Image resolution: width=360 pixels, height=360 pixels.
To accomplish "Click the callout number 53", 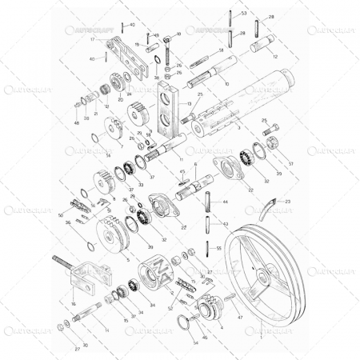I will pyautogui.click(x=244, y=14).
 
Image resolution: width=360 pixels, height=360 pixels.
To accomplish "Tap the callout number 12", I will pyautogui.click(x=275, y=57).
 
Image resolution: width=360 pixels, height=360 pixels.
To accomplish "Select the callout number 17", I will pyautogui.click(x=93, y=39).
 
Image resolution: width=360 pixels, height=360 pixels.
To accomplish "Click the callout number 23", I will pyautogui.click(x=288, y=201).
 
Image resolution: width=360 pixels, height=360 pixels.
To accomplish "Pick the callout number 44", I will pyautogui.click(x=225, y=202).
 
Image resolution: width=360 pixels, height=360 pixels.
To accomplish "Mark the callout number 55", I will pyautogui.click(x=219, y=249).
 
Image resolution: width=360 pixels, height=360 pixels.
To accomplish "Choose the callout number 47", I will pyautogui.click(x=240, y=317).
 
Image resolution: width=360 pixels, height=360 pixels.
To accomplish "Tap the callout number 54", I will pyautogui.click(x=194, y=343).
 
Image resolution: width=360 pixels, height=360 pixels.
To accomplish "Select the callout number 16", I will pyautogui.click(x=73, y=304).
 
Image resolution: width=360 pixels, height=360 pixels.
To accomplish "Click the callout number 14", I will pyautogui.click(x=107, y=330).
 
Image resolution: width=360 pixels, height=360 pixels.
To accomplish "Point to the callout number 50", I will pyautogui.click(x=61, y=215).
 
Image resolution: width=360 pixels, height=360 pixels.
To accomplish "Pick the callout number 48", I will pyautogui.click(x=77, y=122).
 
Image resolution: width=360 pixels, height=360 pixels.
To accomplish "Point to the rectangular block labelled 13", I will pyautogui.click(x=167, y=108).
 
